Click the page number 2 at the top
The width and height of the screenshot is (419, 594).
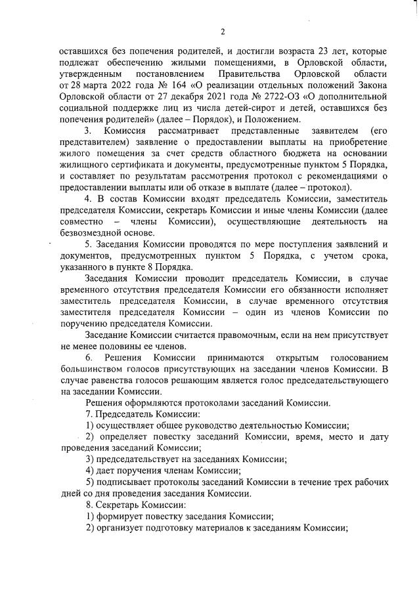coord(223,32)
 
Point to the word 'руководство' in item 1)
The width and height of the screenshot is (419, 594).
coord(197,426)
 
